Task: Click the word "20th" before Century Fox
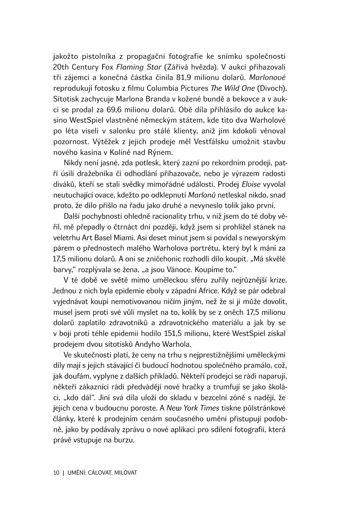pos(60,67)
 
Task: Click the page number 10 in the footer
pos(56,473)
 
